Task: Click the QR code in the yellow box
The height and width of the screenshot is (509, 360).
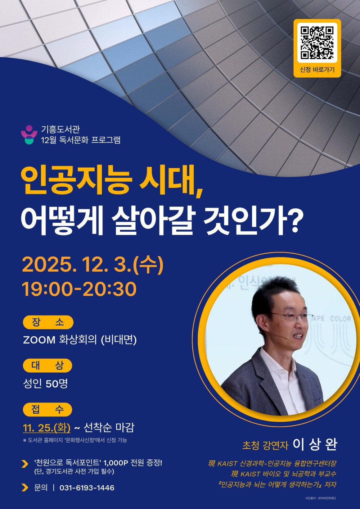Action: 317,42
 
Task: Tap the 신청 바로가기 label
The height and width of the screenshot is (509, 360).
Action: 317,70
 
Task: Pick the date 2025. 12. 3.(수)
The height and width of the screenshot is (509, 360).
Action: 93,265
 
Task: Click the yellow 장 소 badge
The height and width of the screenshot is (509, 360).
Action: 48,322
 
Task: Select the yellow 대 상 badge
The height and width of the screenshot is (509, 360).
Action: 48,366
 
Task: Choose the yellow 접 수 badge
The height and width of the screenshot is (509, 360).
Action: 48,409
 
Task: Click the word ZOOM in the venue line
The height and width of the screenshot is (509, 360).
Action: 39,340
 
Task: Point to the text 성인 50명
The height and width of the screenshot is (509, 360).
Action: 45,383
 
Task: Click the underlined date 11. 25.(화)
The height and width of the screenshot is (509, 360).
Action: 46,428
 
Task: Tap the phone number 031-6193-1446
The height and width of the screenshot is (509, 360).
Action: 87,488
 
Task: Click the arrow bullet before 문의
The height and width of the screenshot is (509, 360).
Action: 25,488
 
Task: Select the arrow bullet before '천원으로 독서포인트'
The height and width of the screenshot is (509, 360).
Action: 25,464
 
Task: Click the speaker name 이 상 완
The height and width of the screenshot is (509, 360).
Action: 315,445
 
